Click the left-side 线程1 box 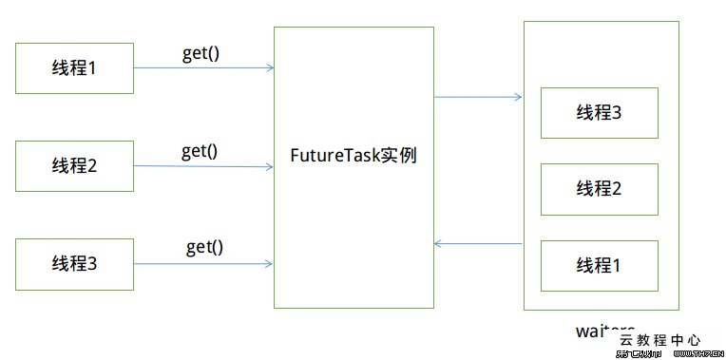(75, 68)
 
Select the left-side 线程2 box (75, 165)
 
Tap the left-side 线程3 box (75, 264)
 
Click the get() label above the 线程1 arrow (201, 53)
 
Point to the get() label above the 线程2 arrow (200, 150)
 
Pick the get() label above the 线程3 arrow (204, 247)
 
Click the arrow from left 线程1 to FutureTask (203, 68)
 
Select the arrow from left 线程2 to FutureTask (203, 166)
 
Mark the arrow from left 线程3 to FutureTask (203, 264)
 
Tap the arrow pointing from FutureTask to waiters (478, 97)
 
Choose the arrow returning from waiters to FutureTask (478, 244)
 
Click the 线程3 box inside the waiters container (599, 113)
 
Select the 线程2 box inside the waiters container (599, 189)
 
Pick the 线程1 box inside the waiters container (599, 265)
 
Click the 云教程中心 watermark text (659, 339)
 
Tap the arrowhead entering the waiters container (518, 97)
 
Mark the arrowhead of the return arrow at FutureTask (438, 244)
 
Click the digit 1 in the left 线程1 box (92, 68)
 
